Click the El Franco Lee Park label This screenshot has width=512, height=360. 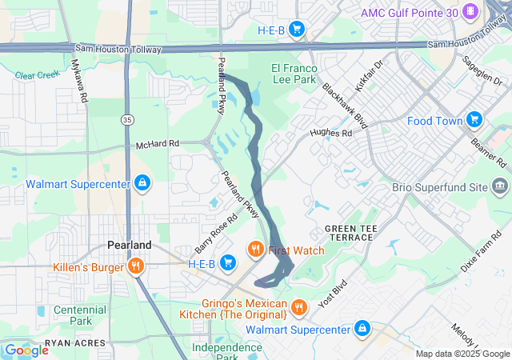[294, 74]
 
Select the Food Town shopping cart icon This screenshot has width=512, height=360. [474, 120]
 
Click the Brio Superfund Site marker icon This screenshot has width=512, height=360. [501, 187]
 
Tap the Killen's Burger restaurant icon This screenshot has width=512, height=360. [136, 266]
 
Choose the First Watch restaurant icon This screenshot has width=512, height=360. [257, 250]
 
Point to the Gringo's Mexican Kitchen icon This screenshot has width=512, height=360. [298, 307]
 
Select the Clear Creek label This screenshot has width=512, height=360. [37, 76]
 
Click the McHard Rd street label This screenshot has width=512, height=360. [158, 144]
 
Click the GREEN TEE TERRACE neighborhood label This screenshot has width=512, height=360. [349, 234]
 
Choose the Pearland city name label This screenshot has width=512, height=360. [129, 245]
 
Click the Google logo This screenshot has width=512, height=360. [26, 350]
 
